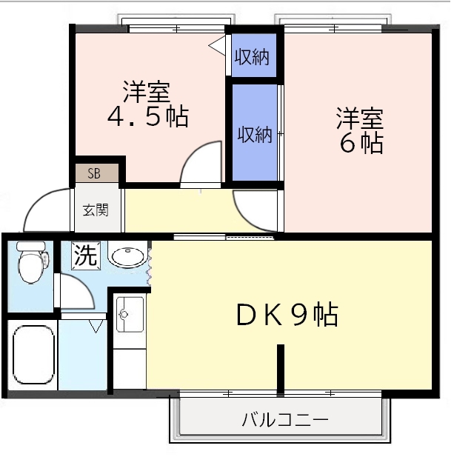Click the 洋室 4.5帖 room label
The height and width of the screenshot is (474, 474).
(x=147, y=104)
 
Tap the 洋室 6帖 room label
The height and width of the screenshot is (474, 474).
(x=361, y=130)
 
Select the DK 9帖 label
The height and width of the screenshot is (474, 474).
(x=287, y=316)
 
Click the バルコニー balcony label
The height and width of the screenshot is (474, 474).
(x=285, y=421)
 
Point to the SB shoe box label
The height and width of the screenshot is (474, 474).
(x=95, y=174)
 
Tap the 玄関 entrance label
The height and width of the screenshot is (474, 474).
(x=96, y=210)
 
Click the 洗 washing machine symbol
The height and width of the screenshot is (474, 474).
(x=85, y=256)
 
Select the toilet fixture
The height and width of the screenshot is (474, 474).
(x=31, y=263)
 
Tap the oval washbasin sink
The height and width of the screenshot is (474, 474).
(x=127, y=256)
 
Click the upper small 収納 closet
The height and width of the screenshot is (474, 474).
(x=252, y=56)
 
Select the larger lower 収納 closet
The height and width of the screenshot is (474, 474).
(x=254, y=134)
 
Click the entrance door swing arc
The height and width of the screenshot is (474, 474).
(x=46, y=210)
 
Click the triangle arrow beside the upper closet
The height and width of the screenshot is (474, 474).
(x=217, y=46)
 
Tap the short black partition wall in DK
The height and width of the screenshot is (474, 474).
(x=281, y=367)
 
